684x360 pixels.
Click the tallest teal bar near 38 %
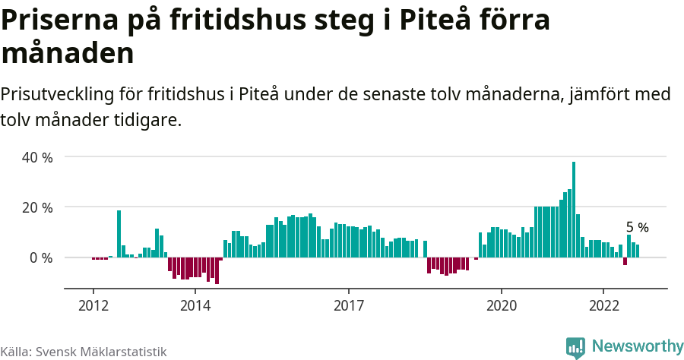574,210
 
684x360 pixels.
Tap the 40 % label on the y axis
37,157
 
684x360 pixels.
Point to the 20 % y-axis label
37,207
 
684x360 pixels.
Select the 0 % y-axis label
41,258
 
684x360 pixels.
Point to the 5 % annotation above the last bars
637,227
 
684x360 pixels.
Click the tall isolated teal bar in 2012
119,234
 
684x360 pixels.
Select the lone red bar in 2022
625,261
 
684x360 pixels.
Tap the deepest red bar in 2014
217,270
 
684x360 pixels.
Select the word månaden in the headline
68,53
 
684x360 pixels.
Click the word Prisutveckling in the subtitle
57,95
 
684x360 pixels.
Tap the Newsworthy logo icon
575,347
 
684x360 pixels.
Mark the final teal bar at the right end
638,251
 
